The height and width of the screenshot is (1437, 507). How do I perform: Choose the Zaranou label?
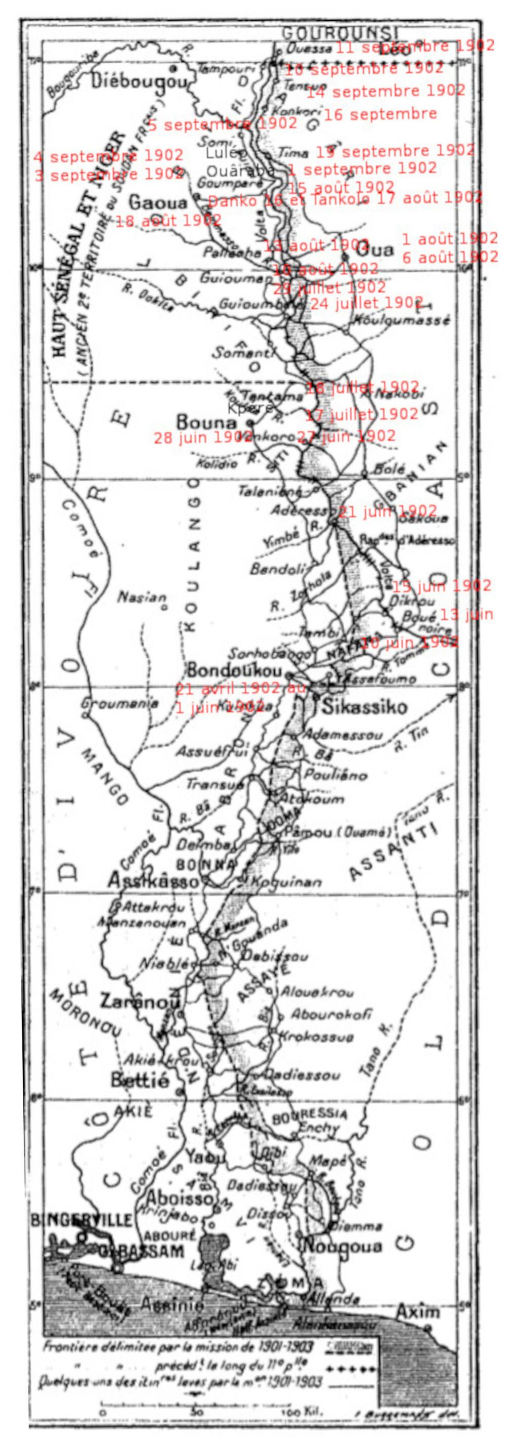click(x=140, y=1002)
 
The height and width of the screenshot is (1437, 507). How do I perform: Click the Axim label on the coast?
click(x=418, y=1310)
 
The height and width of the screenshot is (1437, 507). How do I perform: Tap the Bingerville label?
click(x=90, y=1220)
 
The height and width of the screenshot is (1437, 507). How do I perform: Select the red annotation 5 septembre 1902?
click(x=222, y=124)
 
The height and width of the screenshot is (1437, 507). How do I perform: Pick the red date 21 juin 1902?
click(x=387, y=511)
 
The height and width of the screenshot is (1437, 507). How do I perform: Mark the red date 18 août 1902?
click(x=168, y=220)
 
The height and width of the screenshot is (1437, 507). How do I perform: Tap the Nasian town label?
click(x=142, y=597)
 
